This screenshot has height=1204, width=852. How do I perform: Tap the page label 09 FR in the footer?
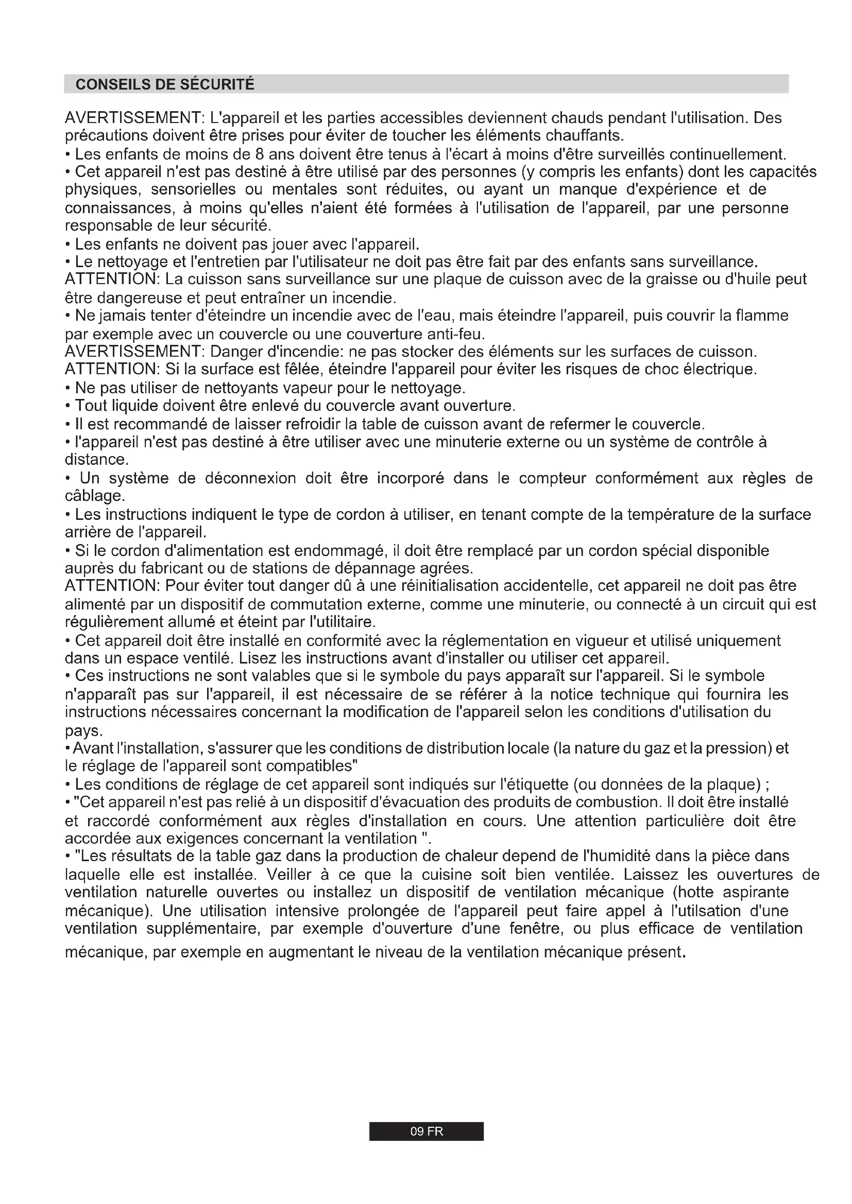pos(426,1131)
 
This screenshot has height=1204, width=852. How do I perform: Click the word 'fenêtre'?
pos(536,928)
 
